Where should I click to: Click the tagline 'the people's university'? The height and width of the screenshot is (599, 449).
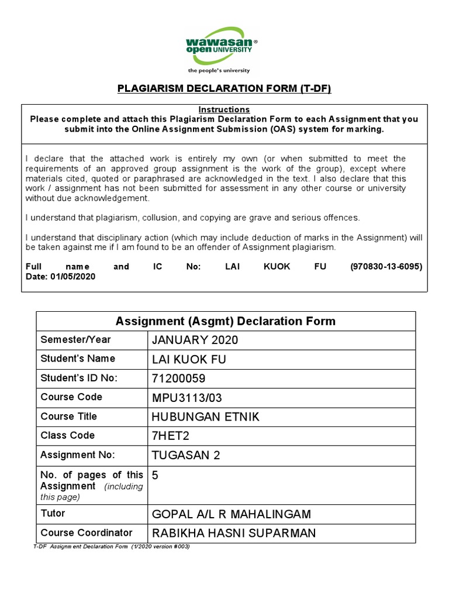pyautogui.click(x=218, y=71)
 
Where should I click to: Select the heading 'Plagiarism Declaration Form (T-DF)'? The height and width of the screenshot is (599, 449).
pyautogui.click(x=224, y=89)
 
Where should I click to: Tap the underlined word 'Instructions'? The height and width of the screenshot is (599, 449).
pyautogui.click(x=224, y=109)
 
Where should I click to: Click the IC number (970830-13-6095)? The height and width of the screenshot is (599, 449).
pyautogui.click(x=386, y=266)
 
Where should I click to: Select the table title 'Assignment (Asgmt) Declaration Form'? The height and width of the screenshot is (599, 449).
pyautogui.click(x=226, y=321)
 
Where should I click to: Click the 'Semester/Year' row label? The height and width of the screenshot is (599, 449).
pyautogui.click(x=75, y=339)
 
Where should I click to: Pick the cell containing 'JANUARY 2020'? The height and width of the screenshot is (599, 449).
pyautogui.click(x=195, y=340)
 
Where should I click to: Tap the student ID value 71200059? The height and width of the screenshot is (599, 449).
pyautogui.click(x=179, y=378)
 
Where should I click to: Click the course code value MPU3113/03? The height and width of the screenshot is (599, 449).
pyautogui.click(x=187, y=398)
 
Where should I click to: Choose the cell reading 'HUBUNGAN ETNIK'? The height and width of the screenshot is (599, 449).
pyautogui.click(x=206, y=417)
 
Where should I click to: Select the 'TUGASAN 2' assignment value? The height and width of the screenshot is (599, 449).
pyautogui.click(x=186, y=456)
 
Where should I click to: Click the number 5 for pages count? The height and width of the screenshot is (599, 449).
pyautogui.click(x=156, y=475)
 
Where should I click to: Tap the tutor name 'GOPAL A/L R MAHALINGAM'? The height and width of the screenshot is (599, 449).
pyautogui.click(x=232, y=514)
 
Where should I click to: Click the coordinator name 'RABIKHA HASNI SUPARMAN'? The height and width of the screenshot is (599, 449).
pyautogui.click(x=233, y=533)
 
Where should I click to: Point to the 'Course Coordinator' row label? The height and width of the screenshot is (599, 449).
pyautogui.click(x=87, y=532)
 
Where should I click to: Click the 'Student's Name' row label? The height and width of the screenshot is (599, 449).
pyautogui.click(x=78, y=358)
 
